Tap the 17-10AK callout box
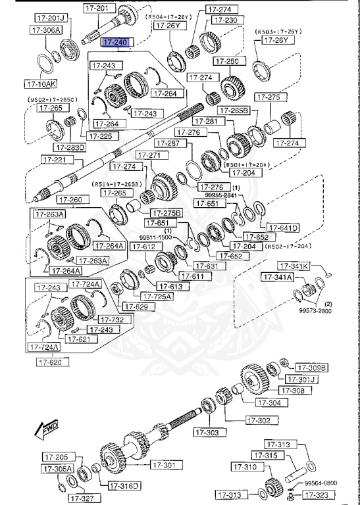pos(41,84)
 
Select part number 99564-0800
pos(321,482)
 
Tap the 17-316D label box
pos(124,486)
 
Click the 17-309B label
pos(311,368)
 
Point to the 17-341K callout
pos(294,266)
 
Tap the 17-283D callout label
pos(70,147)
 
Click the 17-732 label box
pos(115,320)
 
